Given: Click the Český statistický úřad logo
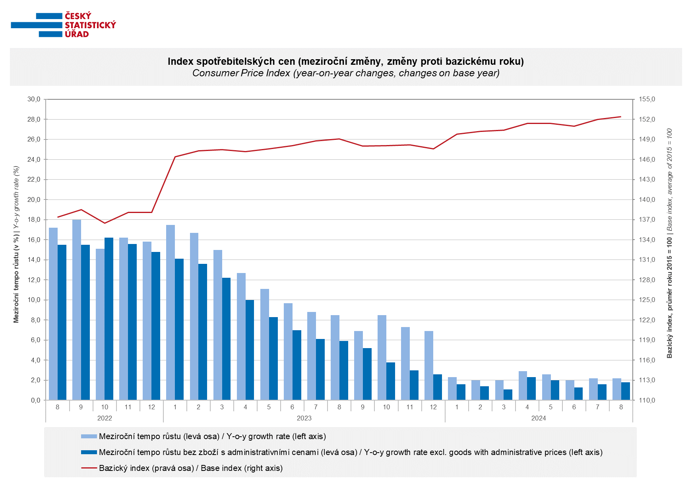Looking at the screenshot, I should coord(63,25).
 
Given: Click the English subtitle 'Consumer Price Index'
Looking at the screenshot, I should coord(346,73).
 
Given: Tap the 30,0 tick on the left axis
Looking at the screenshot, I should coord(34,99).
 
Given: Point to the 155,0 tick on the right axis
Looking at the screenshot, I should coord(647,99).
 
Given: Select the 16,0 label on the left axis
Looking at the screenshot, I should coord(34,240).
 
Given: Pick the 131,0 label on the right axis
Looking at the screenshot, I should coord(647,260).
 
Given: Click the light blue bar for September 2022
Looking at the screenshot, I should coord(77,310).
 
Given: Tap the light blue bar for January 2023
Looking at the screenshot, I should coord(171,312).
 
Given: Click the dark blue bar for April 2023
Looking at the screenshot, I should coord(250,350).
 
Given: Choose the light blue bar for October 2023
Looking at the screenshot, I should coord(382,358).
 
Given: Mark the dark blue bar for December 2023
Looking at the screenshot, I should coord(438,387).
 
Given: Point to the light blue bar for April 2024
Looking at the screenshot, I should coord(523,385).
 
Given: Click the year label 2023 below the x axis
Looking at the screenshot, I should coord(304,418).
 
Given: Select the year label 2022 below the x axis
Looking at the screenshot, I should coord(105,418).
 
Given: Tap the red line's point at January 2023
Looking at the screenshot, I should coord(175,157).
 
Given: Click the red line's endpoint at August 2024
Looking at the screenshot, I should coord(621,117).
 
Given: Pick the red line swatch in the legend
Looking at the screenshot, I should coord(89,468).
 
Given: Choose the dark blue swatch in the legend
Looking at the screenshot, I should coord(89,452).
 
